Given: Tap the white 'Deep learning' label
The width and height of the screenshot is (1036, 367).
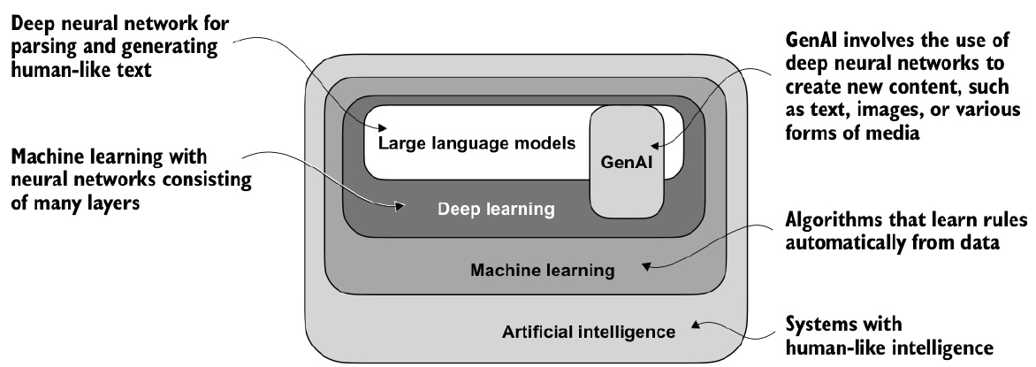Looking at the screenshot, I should (496, 210).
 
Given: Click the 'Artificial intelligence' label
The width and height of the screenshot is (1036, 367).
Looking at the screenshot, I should (589, 333).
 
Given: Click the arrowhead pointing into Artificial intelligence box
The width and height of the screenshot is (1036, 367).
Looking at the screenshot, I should (697, 325).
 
